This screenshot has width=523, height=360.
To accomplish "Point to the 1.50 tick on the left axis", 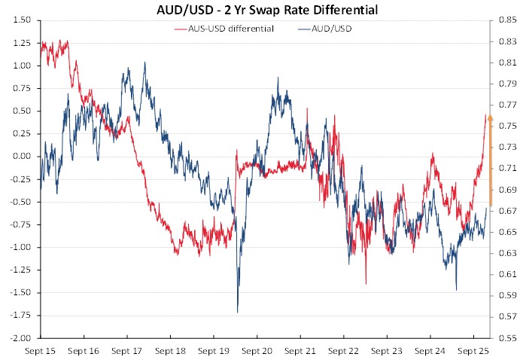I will tap(22, 20).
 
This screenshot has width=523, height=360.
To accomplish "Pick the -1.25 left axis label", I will tap(20, 270).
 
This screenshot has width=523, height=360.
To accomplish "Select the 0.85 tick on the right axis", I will tap(506, 20).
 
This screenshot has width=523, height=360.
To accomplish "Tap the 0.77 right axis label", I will tap(506, 105).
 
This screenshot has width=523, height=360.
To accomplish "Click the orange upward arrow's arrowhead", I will tap(490, 117).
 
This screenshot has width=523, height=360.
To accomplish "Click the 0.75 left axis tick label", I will tap(22, 89).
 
